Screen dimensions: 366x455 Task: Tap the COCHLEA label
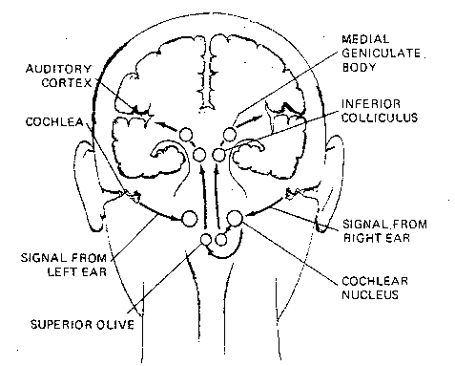pyautogui.click(x=58, y=121)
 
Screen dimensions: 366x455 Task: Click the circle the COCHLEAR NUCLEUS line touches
pyautogui.click(x=237, y=222)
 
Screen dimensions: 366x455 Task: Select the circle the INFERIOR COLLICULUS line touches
pyautogui.click(x=220, y=153)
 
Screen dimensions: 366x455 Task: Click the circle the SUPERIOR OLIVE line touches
pyautogui.click(x=207, y=240)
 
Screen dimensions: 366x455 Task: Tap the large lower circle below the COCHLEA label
pyautogui.click(x=189, y=218)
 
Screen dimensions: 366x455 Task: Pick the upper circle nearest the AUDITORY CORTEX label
pyautogui.click(x=187, y=135)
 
